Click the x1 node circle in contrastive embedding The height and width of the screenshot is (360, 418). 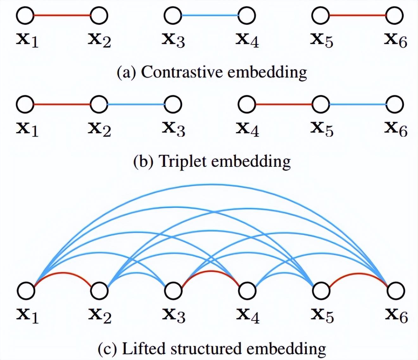[25, 15]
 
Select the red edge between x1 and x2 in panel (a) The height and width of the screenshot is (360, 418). [62, 15]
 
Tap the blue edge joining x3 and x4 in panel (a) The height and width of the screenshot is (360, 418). [210, 15]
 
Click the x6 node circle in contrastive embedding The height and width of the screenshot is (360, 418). [395, 15]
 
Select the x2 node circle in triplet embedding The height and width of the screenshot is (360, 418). [99, 104]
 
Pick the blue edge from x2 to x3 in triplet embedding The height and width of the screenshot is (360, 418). [136, 104]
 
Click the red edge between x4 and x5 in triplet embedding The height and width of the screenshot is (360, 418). [284, 104]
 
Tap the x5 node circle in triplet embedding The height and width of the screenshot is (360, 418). [321, 104]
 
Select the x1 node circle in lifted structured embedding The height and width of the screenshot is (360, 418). [26, 291]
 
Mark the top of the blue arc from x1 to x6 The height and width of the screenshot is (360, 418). [211, 184]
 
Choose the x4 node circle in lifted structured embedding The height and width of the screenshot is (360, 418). [247, 291]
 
